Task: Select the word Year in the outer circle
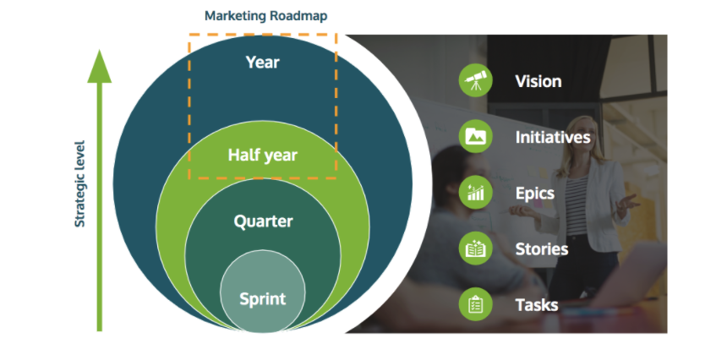pyautogui.click(x=262, y=62)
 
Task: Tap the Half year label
pyautogui.click(x=262, y=155)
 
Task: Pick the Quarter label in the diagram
pyautogui.click(x=263, y=221)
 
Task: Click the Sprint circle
pyautogui.click(x=262, y=298)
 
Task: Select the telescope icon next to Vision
pyautogui.click(x=476, y=81)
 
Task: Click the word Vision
pyautogui.click(x=538, y=81)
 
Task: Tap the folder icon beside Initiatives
pyautogui.click(x=476, y=136)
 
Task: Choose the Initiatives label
pyautogui.click(x=553, y=136)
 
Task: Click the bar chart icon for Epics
pyautogui.click(x=476, y=193)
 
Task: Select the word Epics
pyautogui.click(x=535, y=193)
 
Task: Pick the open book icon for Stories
pyautogui.click(x=476, y=248)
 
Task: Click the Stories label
pyautogui.click(x=542, y=248)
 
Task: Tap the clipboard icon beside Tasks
pyautogui.click(x=476, y=304)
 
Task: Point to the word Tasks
pyautogui.click(x=537, y=304)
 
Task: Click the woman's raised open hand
pyautogui.click(x=629, y=203)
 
